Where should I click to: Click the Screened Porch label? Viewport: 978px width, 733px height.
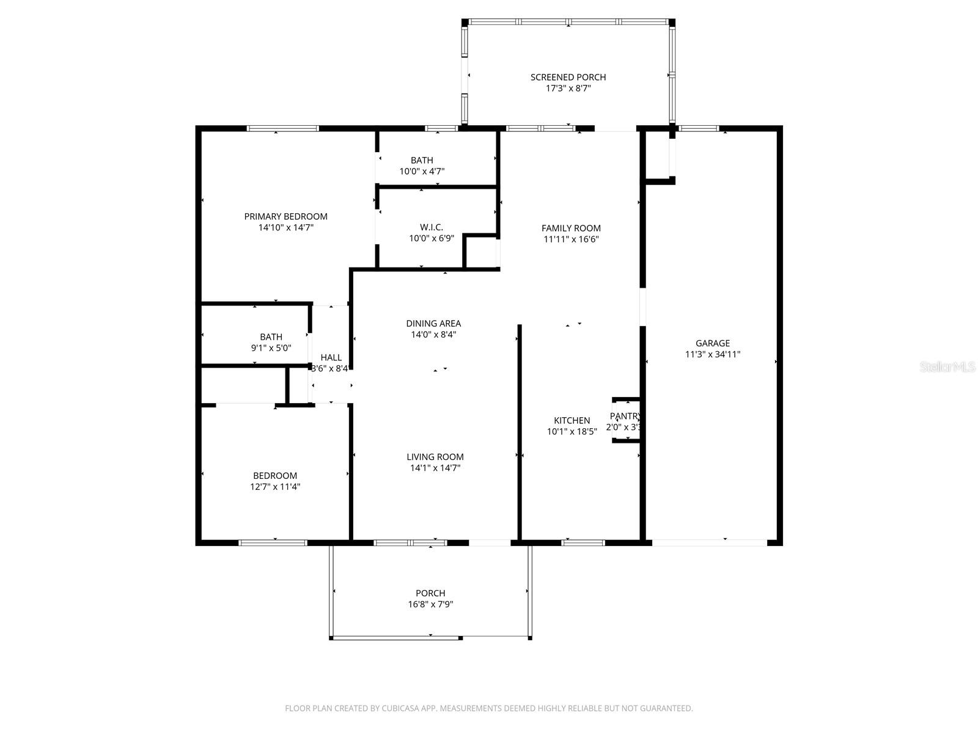click(568, 77)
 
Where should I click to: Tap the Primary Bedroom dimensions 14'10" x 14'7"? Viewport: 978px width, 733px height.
click(286, 227)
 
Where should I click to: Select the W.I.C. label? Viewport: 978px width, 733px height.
click(432, 227)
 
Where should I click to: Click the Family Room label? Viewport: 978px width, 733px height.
click(571, 228)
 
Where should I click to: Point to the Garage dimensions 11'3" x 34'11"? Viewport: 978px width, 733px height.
click(713, 354)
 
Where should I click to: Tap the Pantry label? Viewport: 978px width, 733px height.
click(625, 416)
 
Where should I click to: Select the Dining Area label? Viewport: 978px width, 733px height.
click(433, 324)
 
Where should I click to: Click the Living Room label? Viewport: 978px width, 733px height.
click(435, 457)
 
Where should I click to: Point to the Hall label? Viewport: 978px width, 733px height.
click(331, 357)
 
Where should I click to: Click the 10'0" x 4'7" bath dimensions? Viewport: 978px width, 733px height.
click(422, 172)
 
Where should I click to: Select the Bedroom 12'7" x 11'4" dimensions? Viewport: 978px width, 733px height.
click(275, 487)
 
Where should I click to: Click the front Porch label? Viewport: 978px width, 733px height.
click(430, 593)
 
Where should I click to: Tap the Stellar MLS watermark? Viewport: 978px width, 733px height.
click(947, 367)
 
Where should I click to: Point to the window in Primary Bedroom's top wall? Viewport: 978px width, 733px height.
click(283, 128)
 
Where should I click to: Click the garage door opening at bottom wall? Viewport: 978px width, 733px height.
click(709, 542)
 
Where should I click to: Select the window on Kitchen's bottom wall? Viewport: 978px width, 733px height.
click(583, 542)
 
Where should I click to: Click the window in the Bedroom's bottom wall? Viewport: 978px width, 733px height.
click(273, 542)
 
